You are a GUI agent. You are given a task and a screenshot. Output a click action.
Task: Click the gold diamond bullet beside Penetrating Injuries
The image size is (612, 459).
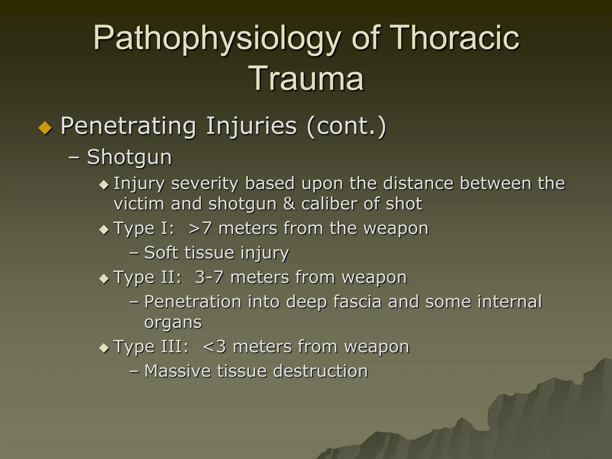tap(45, 128)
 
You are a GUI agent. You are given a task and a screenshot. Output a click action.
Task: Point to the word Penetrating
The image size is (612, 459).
tap(128, 126)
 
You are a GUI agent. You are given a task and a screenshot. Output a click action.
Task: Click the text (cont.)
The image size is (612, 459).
tap(346, 126)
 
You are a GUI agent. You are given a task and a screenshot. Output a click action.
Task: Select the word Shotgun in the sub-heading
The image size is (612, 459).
tap(129, 157)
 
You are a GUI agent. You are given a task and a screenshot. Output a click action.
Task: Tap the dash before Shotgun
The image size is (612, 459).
tap(74, 158)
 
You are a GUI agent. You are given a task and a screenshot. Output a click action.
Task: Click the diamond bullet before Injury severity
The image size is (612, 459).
tap(104, 185)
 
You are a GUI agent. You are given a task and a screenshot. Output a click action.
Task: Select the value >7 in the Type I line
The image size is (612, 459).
tap(200, 229)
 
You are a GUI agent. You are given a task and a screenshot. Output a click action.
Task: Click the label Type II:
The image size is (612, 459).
tap(148, 278)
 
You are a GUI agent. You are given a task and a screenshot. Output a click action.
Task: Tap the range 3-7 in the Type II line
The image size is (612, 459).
tap(209, 277)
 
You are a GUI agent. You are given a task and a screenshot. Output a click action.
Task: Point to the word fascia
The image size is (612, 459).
tap(357, 302)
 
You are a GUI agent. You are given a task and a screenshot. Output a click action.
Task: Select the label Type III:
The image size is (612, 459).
tap(151, 347)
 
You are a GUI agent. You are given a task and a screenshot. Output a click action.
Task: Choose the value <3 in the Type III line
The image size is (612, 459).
tap(214, 347)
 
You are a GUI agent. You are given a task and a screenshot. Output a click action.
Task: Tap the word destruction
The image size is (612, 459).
tap(320, 371)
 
